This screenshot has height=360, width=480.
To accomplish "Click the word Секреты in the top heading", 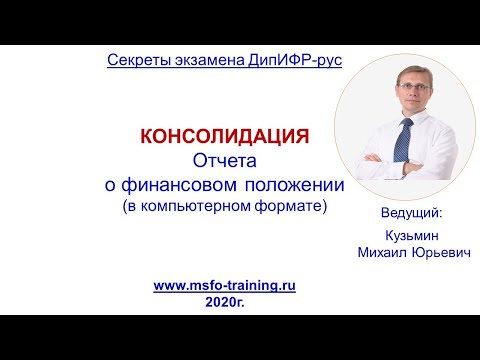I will [x=136, y=61].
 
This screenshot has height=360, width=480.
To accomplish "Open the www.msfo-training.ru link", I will [x=224, y=285].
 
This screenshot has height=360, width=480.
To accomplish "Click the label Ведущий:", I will [x=410, y=213].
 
